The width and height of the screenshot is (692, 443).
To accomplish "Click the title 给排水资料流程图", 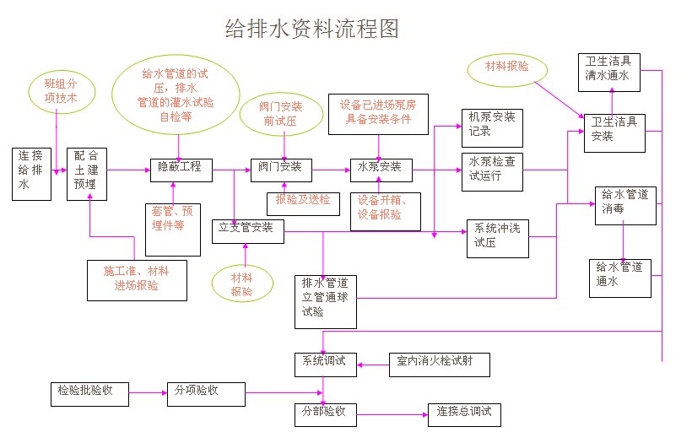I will coord(311,30).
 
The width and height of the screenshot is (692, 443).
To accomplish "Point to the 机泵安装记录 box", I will coord(492,127).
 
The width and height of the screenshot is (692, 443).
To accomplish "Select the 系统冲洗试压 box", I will coord(497,238).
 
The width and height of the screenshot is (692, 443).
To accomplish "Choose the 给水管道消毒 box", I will coord(625,205).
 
